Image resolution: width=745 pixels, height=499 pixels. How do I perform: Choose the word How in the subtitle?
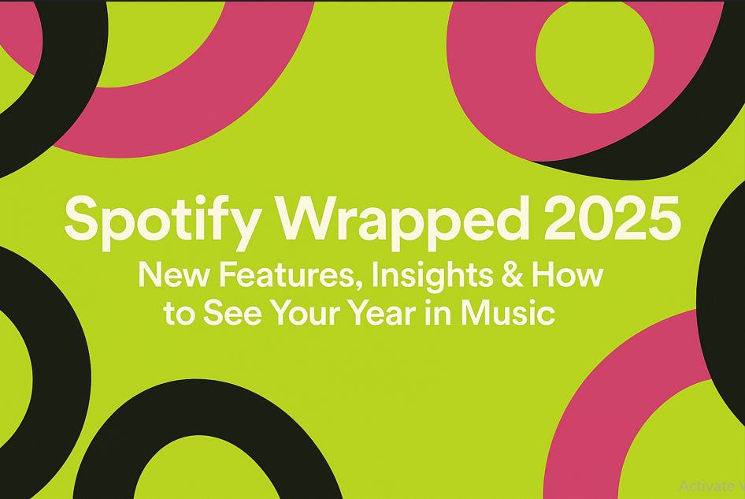(567, 275)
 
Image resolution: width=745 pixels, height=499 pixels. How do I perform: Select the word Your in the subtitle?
(308, 313)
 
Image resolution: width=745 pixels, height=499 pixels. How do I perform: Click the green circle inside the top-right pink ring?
(595, 53)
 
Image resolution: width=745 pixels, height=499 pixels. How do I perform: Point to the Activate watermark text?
(709, 486)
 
